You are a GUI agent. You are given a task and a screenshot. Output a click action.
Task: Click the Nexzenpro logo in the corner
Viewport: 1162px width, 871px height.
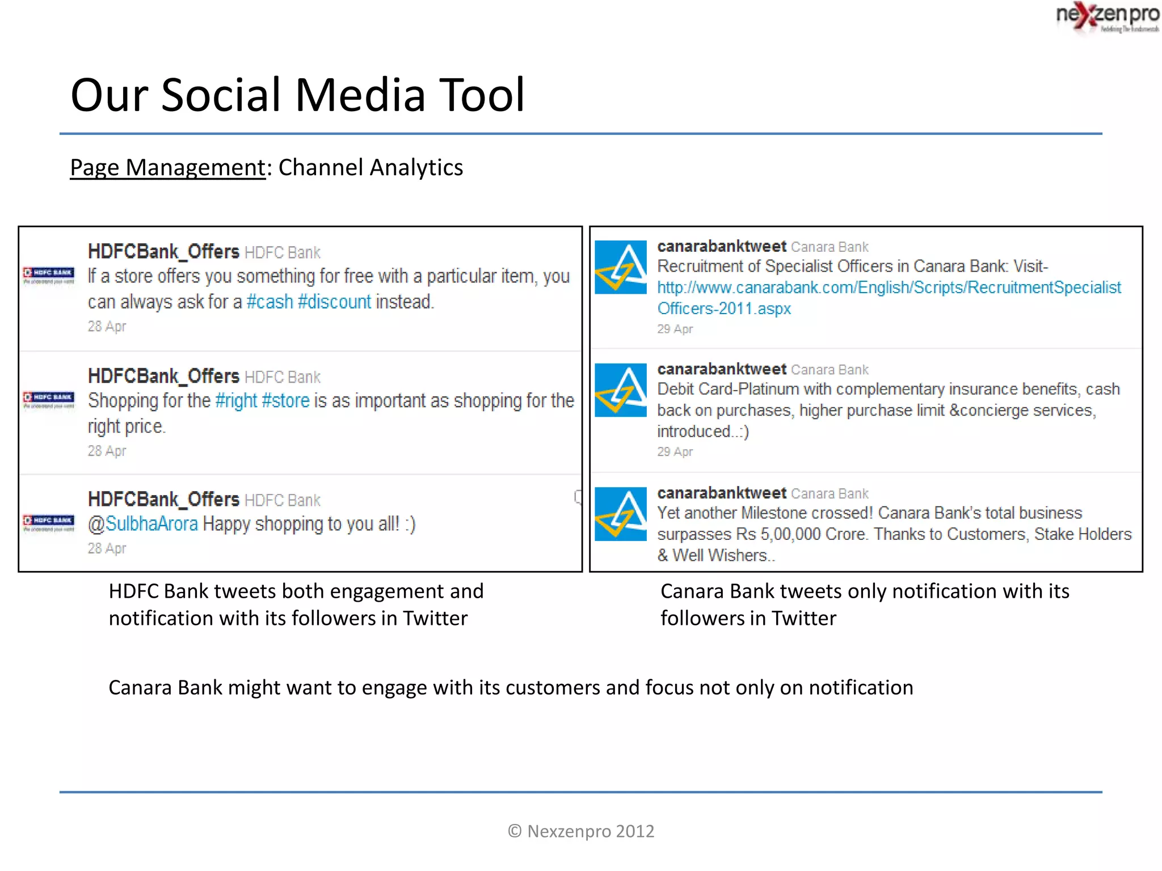coord(1106,17)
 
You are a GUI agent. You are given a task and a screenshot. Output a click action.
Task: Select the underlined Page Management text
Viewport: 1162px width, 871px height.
coord(167,168)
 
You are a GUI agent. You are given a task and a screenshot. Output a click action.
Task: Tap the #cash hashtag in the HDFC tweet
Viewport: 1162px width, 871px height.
coord(270,302)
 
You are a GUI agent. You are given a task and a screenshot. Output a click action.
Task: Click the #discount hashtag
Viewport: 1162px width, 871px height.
coord(334,302)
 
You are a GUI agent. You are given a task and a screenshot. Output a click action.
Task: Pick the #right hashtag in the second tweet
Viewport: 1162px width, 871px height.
coord(236,401)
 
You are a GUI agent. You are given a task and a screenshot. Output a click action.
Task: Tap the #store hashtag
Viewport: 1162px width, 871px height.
coord(285,401)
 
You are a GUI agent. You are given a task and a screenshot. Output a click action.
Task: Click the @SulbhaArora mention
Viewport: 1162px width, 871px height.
coord(143,524)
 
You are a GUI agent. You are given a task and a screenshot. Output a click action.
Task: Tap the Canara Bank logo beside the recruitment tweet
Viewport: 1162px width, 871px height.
coord(621,267)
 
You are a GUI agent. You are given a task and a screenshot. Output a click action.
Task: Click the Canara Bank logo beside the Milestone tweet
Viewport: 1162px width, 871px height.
coord(621,514)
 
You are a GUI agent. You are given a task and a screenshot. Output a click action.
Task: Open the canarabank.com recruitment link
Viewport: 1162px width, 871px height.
coord(889,288)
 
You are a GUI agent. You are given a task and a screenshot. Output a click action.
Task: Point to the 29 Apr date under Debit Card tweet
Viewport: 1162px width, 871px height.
coord(675,452)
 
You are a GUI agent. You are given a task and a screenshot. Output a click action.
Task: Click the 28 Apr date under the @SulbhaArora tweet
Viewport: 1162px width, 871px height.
coord(107,548)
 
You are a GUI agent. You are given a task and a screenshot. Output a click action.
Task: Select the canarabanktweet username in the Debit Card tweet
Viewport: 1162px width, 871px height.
coord(721,369)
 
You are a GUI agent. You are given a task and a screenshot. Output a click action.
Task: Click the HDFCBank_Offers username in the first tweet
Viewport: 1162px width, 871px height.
coord(163,252)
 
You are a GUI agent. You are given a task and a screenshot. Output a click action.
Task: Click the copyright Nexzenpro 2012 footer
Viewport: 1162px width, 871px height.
coord(581,831)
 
